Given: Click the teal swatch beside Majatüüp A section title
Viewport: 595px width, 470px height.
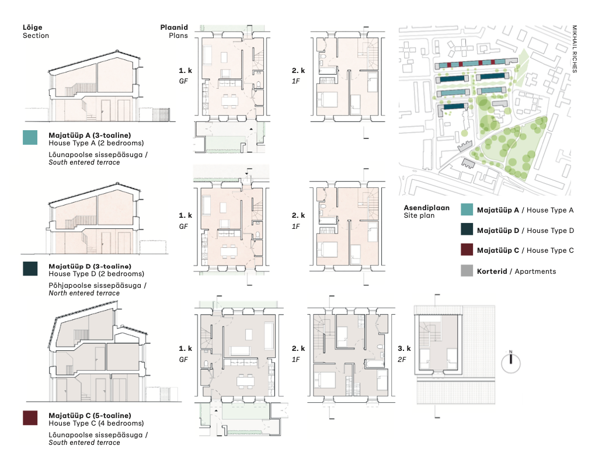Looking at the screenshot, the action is click(30, 137).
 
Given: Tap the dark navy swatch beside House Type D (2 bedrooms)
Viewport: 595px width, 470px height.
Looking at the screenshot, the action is click(30, 269).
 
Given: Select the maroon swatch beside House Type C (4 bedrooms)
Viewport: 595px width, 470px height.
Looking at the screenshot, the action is click(30, 417).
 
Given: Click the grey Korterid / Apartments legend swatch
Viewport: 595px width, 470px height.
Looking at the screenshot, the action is click(467, 270).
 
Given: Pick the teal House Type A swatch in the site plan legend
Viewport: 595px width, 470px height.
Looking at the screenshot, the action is click(467, 210).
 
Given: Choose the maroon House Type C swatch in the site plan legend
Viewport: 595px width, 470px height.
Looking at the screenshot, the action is click(467, 250).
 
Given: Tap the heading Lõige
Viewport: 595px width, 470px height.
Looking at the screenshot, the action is click(32, 27).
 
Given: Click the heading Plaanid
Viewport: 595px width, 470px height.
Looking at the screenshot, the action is click(174, 27).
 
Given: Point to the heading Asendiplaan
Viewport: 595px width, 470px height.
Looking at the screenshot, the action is click(426, 208).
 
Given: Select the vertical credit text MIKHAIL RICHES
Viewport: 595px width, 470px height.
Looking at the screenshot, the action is click(575, 48).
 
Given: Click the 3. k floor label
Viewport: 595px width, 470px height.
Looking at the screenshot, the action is click(404, 348).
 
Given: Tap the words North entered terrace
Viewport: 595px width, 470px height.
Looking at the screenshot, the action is click(84, 293).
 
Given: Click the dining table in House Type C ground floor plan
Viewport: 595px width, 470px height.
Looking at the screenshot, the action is click(245, 381).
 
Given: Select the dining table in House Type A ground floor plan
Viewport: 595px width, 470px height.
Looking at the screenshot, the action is click(230, 101).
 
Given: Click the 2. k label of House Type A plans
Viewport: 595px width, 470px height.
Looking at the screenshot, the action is click(298, 71).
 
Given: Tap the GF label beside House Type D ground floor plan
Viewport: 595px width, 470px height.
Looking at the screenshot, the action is click(183, 227).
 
